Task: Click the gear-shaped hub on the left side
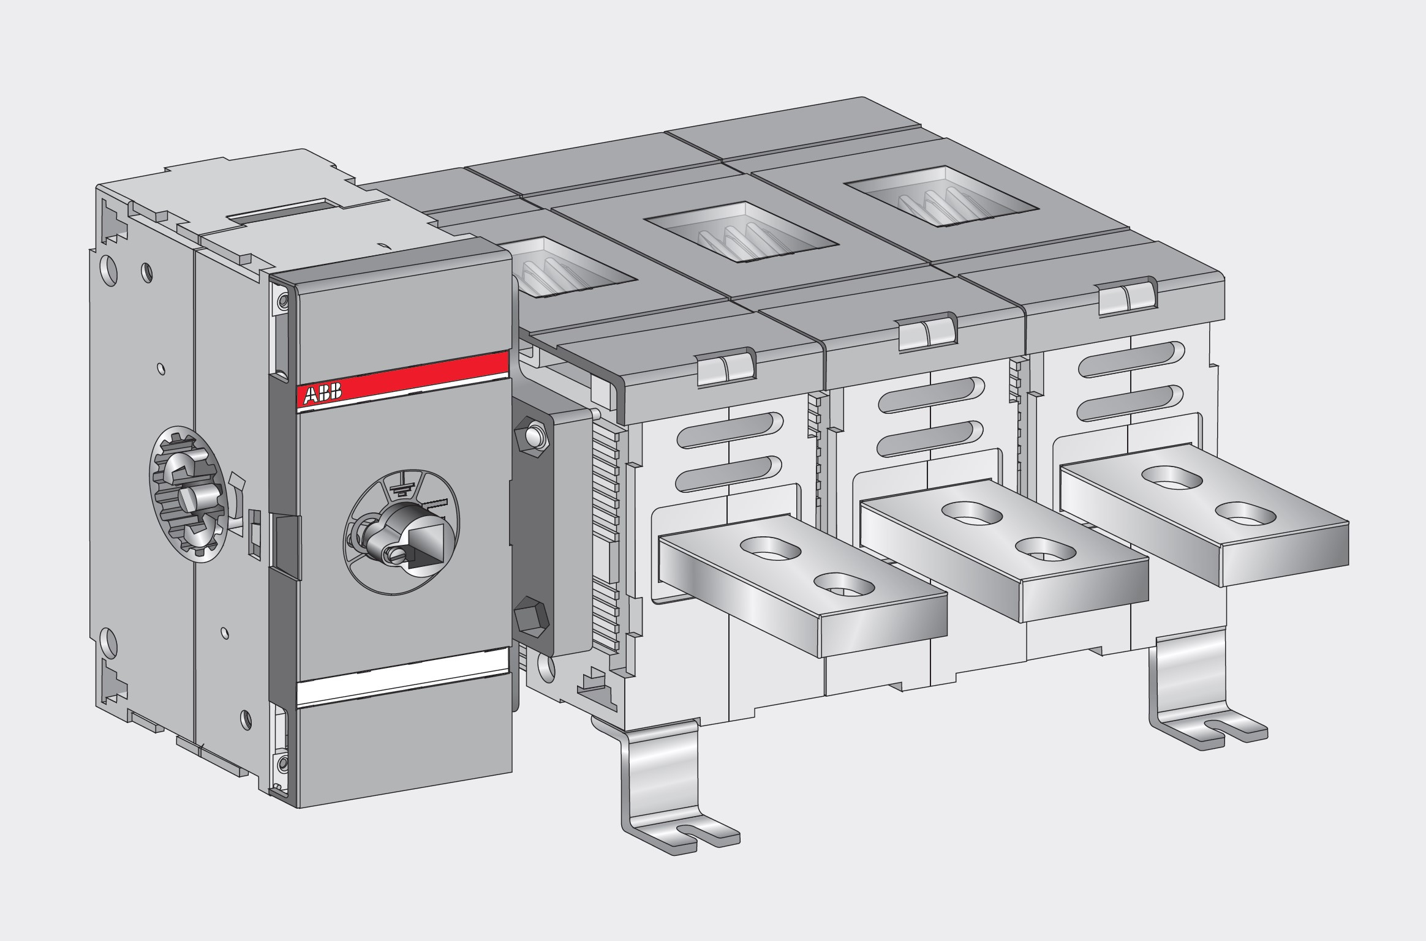(x=188, y=494)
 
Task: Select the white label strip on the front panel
(x=402, y=688)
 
